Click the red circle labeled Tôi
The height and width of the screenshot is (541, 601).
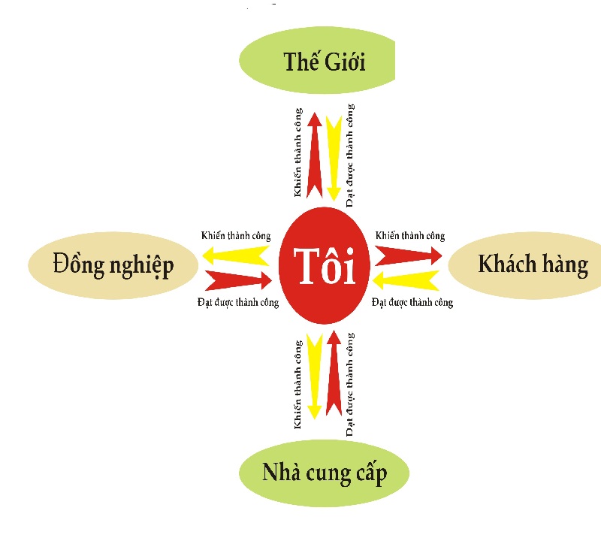[325, 265]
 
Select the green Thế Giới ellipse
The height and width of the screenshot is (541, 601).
[317, 60]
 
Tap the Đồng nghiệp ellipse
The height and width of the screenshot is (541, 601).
[113, 265]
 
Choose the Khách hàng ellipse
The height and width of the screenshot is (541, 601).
[524, 265]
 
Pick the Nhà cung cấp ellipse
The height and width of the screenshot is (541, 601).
[325, 473]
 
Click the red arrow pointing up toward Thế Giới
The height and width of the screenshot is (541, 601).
[315, 156]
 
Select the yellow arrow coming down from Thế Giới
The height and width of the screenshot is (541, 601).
[334, 158]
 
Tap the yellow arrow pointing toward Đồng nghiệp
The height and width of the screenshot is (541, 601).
[236, 255]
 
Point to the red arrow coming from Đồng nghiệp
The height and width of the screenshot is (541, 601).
[239, 280]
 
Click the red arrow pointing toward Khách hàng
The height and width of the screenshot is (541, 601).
[409, 255]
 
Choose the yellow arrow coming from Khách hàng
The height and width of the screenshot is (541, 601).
[406, 280]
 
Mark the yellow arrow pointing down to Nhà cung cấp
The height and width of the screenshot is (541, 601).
[315, 376]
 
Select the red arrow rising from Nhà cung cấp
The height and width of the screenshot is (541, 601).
[334, 373]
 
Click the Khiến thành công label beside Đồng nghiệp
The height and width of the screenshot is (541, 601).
[236, 235]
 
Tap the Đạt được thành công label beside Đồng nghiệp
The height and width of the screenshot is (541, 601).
[238, 302]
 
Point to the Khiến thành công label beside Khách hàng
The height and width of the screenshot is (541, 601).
[410, 235]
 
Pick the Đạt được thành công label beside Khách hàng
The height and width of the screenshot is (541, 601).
[412, 302]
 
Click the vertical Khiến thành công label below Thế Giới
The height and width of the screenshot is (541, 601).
[298, 153]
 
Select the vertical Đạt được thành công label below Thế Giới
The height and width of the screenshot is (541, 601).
[350, 156]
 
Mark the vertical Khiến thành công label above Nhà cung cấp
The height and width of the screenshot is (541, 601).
[298, 384]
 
